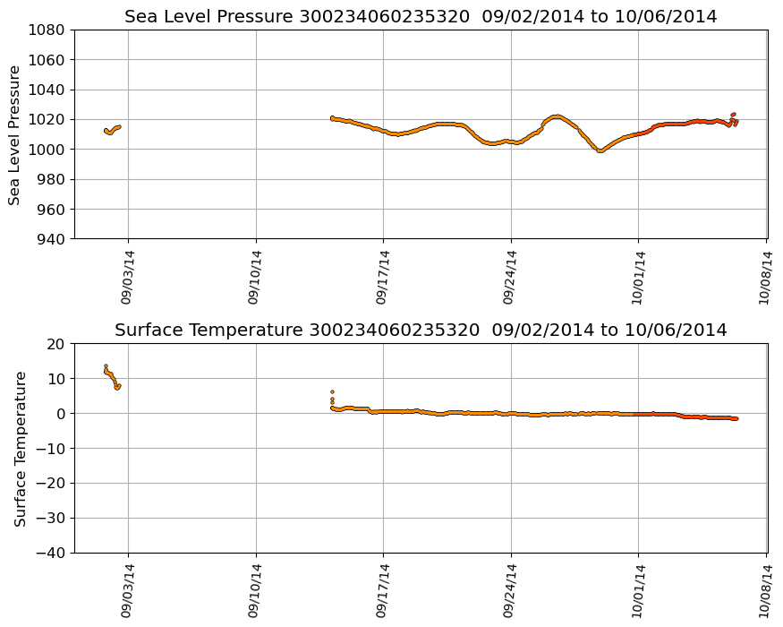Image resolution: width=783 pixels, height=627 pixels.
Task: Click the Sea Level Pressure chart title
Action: (421, 16)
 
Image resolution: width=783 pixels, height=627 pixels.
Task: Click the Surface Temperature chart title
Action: (421, 330)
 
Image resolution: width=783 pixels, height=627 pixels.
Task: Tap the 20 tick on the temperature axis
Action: (58, 344)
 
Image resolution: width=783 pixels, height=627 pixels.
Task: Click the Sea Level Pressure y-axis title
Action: (14, 134)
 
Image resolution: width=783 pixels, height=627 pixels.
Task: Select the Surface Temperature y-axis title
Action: (19, 448)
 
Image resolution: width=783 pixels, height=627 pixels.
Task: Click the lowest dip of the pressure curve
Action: (600, 150)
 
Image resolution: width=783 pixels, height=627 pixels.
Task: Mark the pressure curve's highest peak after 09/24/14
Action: (557, 116)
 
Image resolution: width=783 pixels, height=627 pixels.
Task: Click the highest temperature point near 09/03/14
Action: (106, 366)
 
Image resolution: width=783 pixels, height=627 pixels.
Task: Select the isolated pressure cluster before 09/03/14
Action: (112, 130)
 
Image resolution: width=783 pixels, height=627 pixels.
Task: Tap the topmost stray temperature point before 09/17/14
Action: (332, 391)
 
